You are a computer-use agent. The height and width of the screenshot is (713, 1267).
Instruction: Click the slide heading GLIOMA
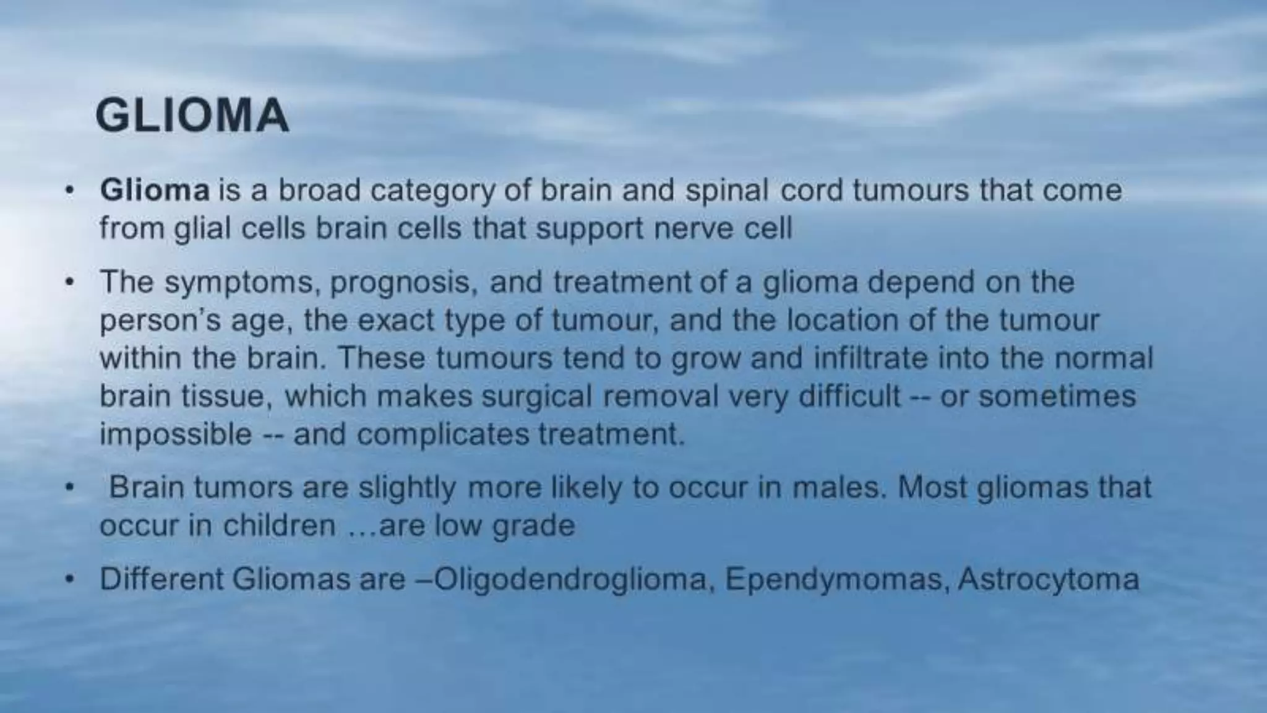coord(192,116)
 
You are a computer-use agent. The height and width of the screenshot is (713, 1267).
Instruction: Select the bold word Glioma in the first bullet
coord(155,190)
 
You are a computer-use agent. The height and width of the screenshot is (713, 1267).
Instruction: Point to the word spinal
coord(726,190)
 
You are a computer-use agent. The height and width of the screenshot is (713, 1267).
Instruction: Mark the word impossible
coord(176,434)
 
